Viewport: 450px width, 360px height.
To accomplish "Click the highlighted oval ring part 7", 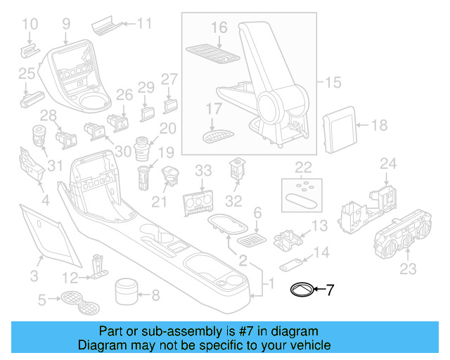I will pyautogui.click(x=303, y=289).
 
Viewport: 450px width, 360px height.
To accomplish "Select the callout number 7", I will pyautogui.click(x=331, y=289).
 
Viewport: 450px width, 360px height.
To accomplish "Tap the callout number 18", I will pyautogui.click(x=379, y=126).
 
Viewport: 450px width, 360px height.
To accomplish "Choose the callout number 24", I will pyautogui.click(x=388, y=164).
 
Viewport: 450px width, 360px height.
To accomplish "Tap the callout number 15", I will pyautogui.click(x=333, y=83).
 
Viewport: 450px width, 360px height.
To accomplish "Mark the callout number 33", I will pyautogui.click(x=202, y=170).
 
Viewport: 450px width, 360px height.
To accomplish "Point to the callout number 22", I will pyautogui.click(x=304, y=167).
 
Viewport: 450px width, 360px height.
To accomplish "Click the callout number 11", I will pyautogui.click(x=144, y=24).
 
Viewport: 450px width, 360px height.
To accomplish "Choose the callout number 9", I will pyautogui.click(x=66, y=24).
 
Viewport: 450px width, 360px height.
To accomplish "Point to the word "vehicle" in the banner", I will pyautogui.click(x=309, y=345).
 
